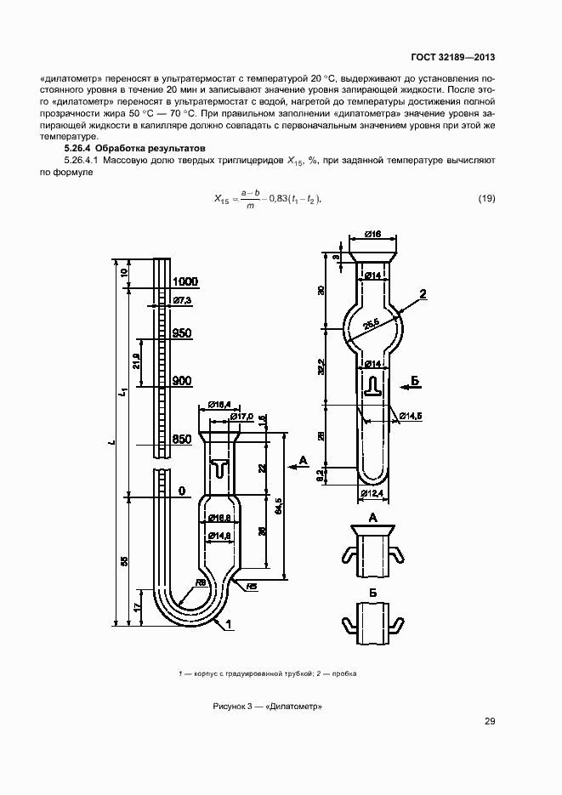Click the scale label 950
tap(182, 333)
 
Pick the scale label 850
tap(182, 440)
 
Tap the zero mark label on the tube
tap(181, 491)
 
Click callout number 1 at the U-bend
tap(228, 624)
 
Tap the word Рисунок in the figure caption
tap(228, 707)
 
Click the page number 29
tap(489, 722)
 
